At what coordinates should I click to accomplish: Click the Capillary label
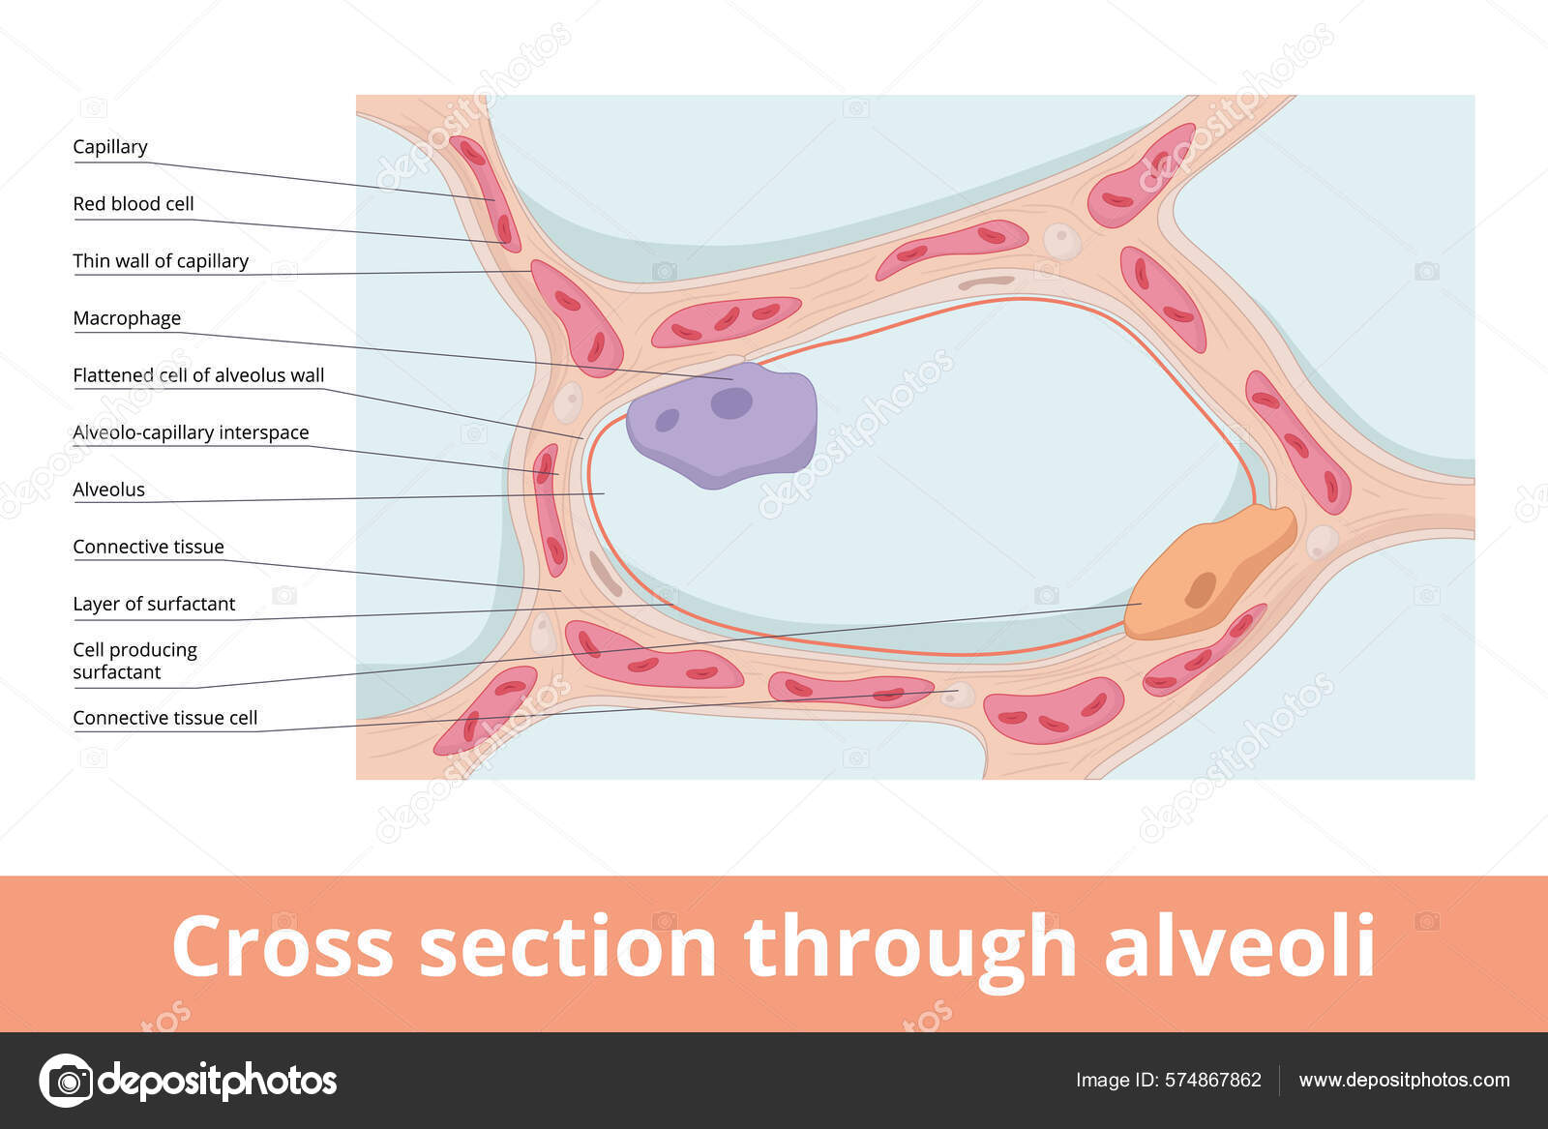110,147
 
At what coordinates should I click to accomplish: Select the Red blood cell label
134,204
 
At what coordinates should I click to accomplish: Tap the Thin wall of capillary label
161,261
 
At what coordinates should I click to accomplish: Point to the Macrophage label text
127,318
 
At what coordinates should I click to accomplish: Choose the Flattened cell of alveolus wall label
198,375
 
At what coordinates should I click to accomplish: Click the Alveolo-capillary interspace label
191,432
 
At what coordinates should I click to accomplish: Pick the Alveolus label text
108,490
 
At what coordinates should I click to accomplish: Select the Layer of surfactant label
154,604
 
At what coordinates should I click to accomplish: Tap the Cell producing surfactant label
134,661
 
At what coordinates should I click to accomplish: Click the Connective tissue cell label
164,718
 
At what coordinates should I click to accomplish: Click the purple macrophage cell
721,426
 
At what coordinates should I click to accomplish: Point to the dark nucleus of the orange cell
1201,589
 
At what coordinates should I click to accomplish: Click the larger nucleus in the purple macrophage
731,402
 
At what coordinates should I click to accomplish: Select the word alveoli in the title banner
1239,946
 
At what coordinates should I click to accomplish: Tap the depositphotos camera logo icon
67,1080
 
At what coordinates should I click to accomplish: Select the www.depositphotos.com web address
1404,1080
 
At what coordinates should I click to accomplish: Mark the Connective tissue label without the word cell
148,547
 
